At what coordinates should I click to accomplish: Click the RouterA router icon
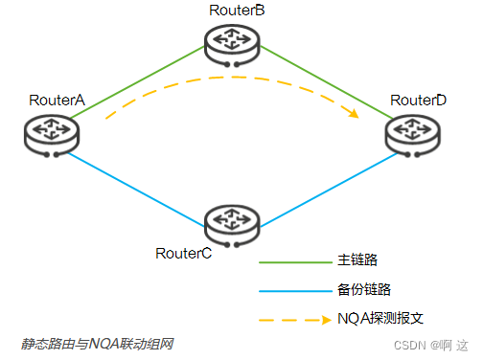click(x=49, y=133)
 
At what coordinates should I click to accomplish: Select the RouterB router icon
click(x=232, y=39)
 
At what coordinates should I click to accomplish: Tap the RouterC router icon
click(x=232, y=222)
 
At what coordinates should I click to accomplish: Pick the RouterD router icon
click(x=413, y=133)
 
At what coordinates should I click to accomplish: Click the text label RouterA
click(x=57, y=100)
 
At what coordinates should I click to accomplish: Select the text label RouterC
click(x=183, y=253)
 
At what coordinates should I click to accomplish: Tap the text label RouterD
click(x=419, y=100)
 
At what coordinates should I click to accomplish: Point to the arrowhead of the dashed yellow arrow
click(x=354, y=114)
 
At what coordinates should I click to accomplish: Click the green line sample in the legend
click(x=293, y=259)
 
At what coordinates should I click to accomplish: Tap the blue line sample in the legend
click(x=293, y=288)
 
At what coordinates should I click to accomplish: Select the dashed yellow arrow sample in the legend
click(x=293, y=318)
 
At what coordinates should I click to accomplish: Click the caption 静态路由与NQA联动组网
click(x=98, y=343)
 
